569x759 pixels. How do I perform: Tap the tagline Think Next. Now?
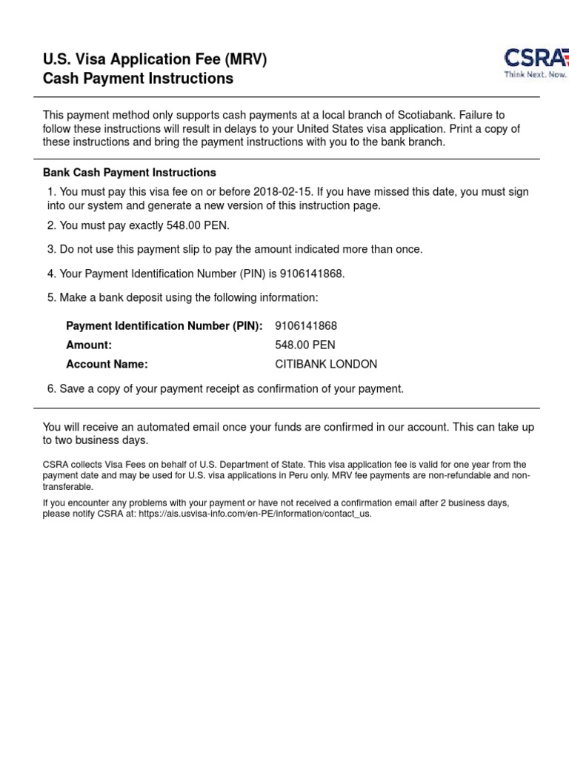click(536, 75)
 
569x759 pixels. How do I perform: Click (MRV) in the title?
click(242, 59)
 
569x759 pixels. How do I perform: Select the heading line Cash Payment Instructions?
click(138, 79)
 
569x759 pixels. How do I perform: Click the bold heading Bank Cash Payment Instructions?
click(130, 173)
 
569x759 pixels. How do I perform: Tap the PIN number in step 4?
click(311, 274)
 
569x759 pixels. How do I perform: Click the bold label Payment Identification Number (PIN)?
click(164, 326)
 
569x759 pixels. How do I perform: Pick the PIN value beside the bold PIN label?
click(306, 326)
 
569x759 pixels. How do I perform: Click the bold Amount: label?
click(89, 345)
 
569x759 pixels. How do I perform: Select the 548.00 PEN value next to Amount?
click(305, 345)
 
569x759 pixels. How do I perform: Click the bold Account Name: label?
click(107, 365)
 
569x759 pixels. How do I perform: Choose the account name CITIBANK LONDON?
click(326, 365)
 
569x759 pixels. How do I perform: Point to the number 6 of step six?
click(50, 389)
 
